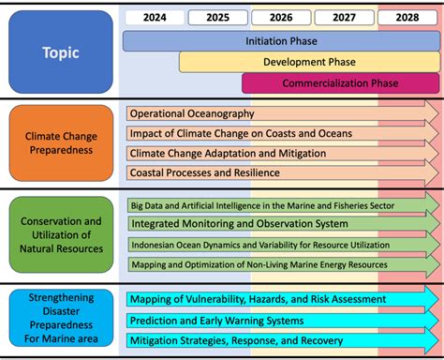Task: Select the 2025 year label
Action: [217, 17]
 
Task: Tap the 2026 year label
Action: [280, 17]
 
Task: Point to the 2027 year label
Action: [344, 17]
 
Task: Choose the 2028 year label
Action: [407, 17]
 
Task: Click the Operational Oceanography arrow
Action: [281, 113]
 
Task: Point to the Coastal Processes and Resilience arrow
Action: [281, 172]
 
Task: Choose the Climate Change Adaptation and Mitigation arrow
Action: [281, 153]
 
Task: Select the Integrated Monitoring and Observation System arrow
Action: [281, 224]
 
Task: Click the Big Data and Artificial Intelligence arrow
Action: [281, 204]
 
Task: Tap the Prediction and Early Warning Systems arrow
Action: [281, 320]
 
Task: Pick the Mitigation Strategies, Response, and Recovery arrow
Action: [281, 340]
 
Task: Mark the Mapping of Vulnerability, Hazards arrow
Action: [281, 299]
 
